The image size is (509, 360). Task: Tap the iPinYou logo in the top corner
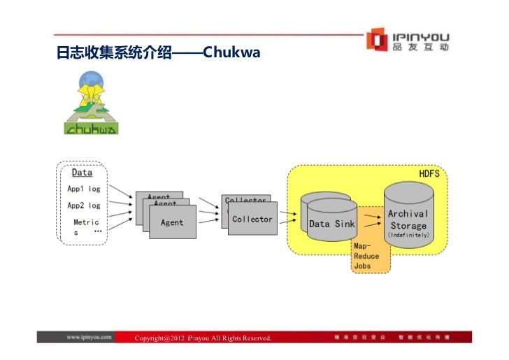(x=409, y=41)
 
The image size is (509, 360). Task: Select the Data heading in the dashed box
(x=82, y=173)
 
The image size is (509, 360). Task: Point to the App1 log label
(x=83, y=189)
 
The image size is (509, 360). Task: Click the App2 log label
(x=83, y=206)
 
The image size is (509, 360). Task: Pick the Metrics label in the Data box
(x=85, y=226)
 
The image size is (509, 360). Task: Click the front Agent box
(x=172, y=223)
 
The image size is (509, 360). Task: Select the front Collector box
(x=252, y=219)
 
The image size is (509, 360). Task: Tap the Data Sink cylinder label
(x=331, y=224)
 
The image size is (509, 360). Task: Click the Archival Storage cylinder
(x=408, y=217)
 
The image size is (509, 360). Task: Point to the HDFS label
(x=429, y=173)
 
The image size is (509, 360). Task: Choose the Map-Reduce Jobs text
(x=366, y=256)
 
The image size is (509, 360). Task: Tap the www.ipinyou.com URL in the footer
(x=89, y=337)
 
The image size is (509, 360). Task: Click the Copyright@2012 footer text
(x=203, y=338)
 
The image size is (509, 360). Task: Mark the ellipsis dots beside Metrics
(x=97, y=231)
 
